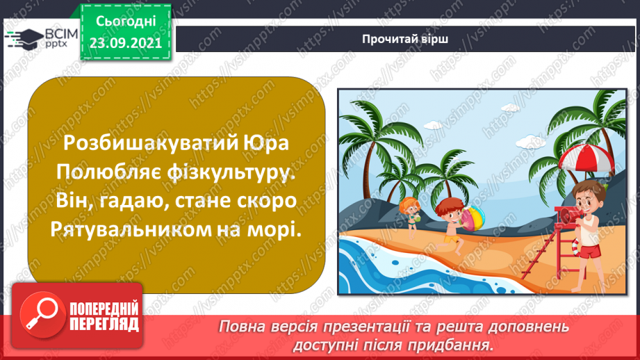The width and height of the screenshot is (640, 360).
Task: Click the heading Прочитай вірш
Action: (404, 39)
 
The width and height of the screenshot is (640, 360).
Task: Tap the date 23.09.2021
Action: (126, 42)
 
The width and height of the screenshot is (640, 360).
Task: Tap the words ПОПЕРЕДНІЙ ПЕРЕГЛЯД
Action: (104, 316)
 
